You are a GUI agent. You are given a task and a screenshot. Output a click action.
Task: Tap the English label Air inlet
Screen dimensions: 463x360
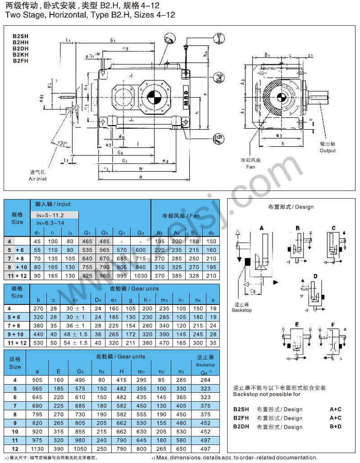(38, 179)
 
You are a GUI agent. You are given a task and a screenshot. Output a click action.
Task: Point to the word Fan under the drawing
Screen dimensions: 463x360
(251, 167)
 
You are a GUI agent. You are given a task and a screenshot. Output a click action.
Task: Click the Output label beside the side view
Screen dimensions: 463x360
(328, 150)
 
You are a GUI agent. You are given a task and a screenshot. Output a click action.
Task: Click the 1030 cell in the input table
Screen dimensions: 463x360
(141, 275)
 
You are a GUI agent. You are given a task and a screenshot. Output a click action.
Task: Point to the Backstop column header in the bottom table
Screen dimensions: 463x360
(205, 364)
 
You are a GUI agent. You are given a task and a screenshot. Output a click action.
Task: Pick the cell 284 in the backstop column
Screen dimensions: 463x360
(205, 380)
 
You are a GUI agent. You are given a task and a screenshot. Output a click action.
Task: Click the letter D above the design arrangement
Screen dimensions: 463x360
(315, 276)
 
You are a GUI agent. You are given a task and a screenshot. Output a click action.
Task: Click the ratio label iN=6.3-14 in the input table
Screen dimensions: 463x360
(50, 222)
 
